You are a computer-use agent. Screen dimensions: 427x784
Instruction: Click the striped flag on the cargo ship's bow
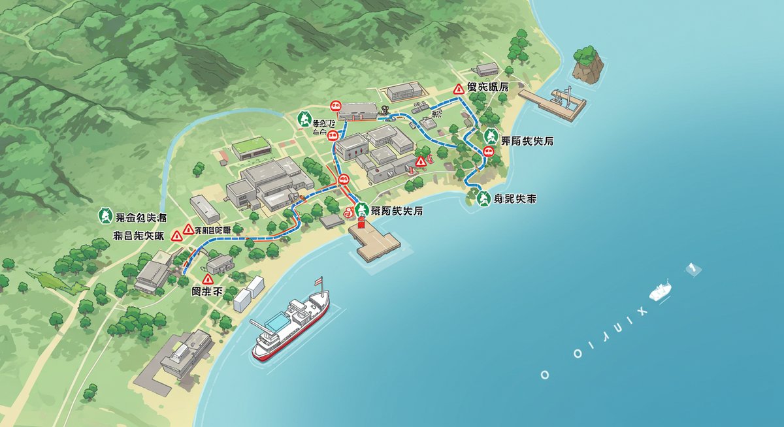(319, 281)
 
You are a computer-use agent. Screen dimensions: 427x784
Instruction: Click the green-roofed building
(250, 148)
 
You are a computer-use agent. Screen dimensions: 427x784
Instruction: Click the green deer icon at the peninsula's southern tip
(483, 198)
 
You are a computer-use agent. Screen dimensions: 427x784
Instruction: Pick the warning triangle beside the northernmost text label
(459, 88)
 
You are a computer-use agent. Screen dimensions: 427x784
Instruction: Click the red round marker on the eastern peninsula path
(487, 153)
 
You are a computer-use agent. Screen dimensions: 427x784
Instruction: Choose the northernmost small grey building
(487, 69)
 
